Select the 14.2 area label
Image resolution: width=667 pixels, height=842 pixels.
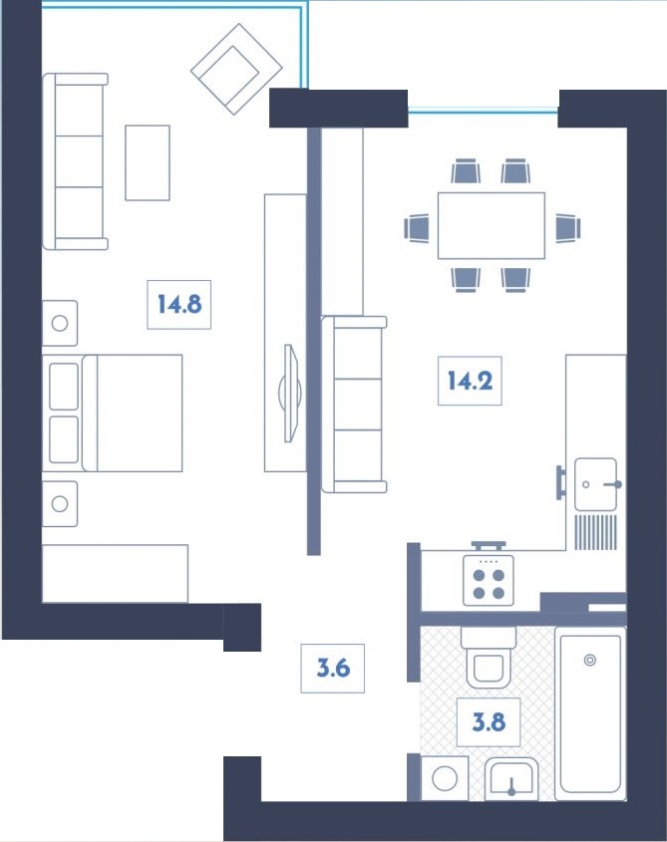pyautogui.click(x=470, y=380)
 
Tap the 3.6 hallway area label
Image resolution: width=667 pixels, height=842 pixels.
pyautogui.click(x=333, y=668)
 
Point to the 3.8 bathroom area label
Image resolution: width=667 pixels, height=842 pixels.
pyautogui.click(x=488, y=722)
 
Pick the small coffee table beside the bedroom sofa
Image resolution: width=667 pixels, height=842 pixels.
pyautogui.click(x=147, y=161)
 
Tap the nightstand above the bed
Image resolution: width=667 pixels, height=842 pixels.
pyautogui.click(x=60, y=323)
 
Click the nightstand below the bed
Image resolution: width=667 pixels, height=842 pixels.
pyautogui.click(x=60, y=503)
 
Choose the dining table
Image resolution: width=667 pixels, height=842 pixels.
pyautogui.click(x=491, y=225)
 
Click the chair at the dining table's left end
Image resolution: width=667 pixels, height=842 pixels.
pyautogui.click(x=417, y=227)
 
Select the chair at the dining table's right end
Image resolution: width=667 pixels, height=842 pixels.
pyautogui.click(x=566, y=227)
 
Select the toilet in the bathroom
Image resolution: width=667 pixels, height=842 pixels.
pyautogui.click(x=489, y=660)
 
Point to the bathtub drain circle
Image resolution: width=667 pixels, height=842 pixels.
pyautogui.click(x=590, y=659)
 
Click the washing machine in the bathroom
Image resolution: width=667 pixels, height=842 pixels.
pyautogui.click(x=445, y=777)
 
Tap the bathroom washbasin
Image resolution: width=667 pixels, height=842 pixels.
pyautogui.click(x=511, y=779)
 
